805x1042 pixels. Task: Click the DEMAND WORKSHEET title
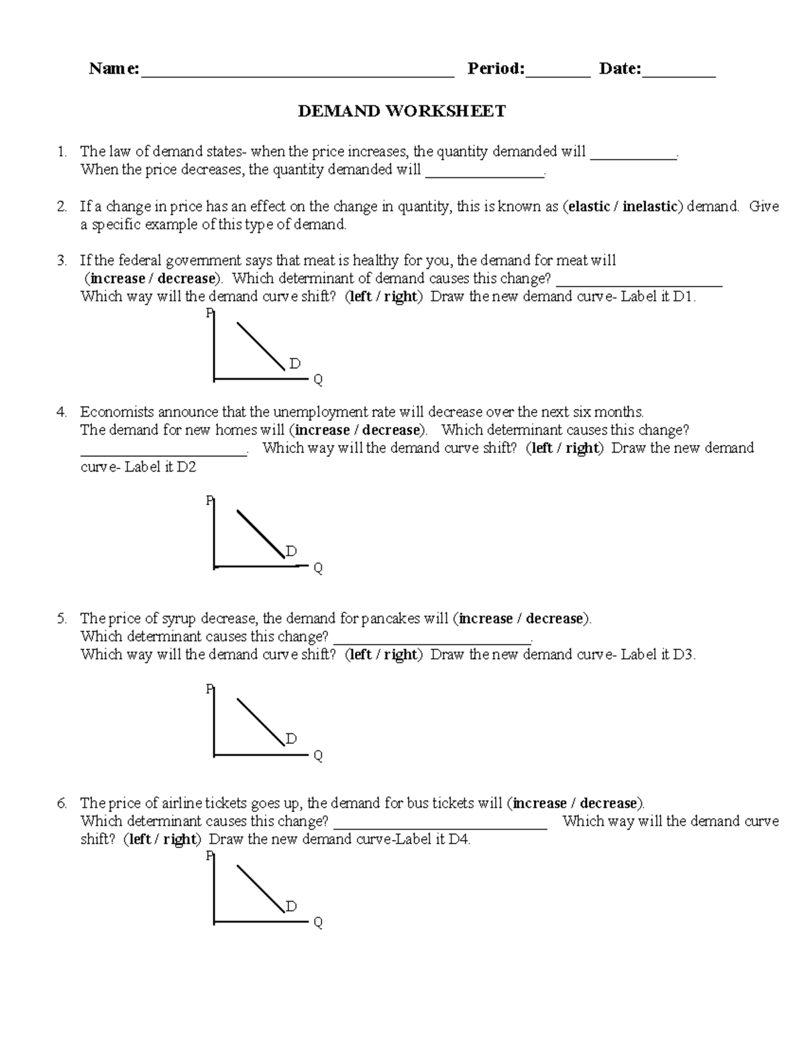click(402, 111)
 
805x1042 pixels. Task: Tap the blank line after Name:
click(297, 75)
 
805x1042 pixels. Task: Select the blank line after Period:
click(557, 75)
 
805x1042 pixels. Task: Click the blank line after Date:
click(679, 75)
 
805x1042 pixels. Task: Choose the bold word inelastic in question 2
click(650, 207)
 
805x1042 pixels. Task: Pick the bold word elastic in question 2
click(589, 207)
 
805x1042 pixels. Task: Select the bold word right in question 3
click(400, 297)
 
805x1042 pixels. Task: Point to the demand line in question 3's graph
click(261, 346)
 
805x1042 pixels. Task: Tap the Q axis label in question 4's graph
click(318, 568)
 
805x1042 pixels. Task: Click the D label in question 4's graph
click(291, 552)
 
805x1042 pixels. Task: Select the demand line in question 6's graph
click(261, 888)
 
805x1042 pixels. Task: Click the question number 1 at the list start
click(61, 152)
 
